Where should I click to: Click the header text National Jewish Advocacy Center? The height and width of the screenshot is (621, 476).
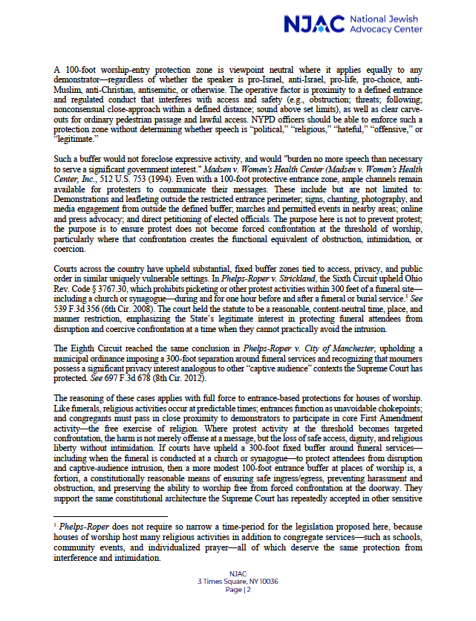pos(388,24)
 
